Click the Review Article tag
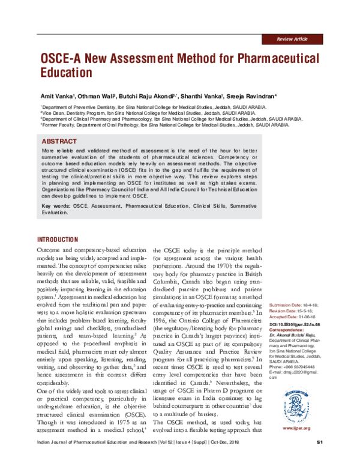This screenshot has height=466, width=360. pyautogui.click(x=292, y=38)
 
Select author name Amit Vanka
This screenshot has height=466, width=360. pyautogui.click(x=56, y=96)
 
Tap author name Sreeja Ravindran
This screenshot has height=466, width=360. pyautogui.click(x=252, y=96)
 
